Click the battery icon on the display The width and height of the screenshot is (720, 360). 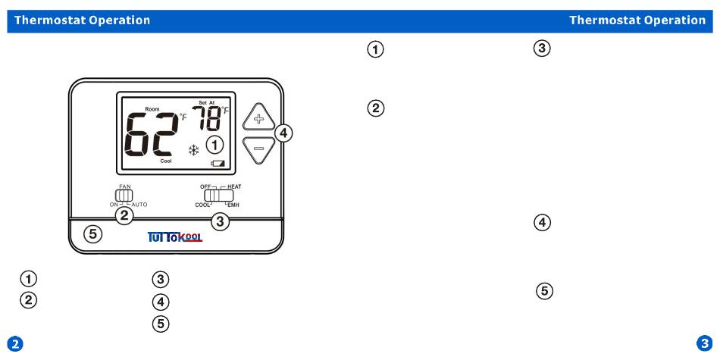[x=219, y=162]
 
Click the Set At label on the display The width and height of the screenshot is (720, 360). [x=207, y=103]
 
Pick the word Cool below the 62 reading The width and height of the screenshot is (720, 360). [x=165, y=161]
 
